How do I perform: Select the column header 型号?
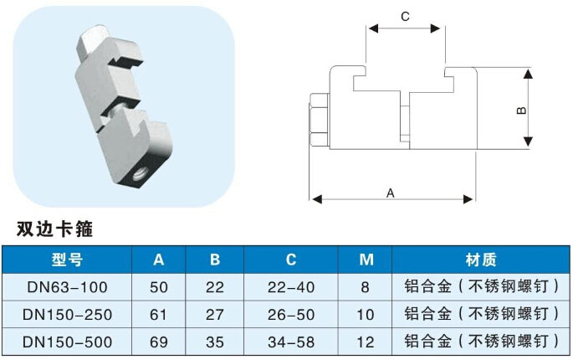66,259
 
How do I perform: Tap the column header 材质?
480,259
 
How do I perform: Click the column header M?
366,259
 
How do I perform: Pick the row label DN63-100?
66,287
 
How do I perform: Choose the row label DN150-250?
66,314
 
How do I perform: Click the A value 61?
158,314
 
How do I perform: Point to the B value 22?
215,287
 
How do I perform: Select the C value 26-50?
293,314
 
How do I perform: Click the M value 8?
366,287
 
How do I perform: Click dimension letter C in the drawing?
405,16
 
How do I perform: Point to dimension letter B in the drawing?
519,111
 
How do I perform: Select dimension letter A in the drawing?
391,192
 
